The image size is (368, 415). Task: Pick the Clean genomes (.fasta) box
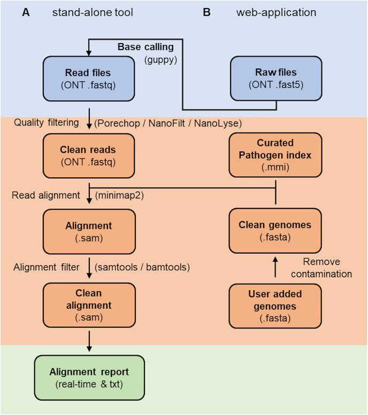[275, 230]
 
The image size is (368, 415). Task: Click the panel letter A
[25, 12]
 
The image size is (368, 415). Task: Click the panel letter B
[206, 12]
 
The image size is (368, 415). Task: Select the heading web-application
[276, 12]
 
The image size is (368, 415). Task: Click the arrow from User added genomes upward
[275, 268]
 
